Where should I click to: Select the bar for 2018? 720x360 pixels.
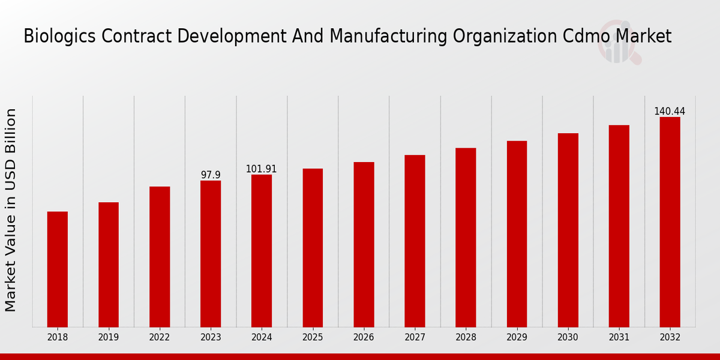pyautogui.click(x=58, y=269)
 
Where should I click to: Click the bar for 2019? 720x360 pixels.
pyautogui.click(x=109, y=265)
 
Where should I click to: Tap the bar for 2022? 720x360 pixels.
pyautogui.click(x=160, y=257)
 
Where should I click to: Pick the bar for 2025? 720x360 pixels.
pyautogui.click(x=313, y=248)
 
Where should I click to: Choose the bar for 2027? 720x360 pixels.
pyautogui.click(x=415, y=241)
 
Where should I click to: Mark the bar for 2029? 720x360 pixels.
pyautogui.click(x=517, y=234)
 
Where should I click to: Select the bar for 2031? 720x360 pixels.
pyautogui.click(x=619, y=226)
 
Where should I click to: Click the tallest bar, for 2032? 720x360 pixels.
pyautogui.click(x=670, y=222)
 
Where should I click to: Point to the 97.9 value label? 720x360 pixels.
pyautogui.click(x=211, y=175)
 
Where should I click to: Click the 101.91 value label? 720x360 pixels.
pyautogui.click(x=262, y=169)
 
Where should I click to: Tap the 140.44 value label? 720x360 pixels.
pyautogui.click(x=670, y=112)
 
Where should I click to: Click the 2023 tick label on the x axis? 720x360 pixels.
pyautogui.click(x=211, y=338)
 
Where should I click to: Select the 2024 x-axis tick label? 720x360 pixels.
pyautogui.click(x=262, y=338)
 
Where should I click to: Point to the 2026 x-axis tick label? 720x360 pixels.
pyautogui.click(x=364, y=338)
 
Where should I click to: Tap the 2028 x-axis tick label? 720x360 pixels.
pyautogui.click(x=466, y=338)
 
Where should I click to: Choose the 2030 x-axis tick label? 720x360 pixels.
pyautogui.click(x=568, y=338)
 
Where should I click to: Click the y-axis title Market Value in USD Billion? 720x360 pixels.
pyautogui.click(x=11, y=210)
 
